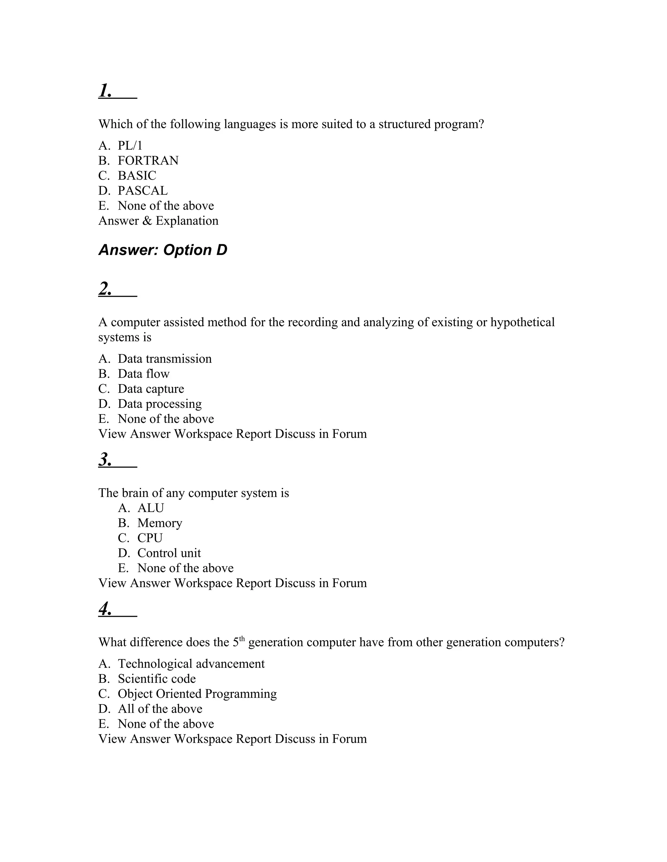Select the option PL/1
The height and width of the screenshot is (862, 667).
[130, 146]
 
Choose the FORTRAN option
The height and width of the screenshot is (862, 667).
[148, 161]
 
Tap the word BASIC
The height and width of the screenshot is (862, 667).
[137, 176]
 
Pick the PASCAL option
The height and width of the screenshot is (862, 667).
[143, 191]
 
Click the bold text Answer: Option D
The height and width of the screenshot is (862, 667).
[163, 250]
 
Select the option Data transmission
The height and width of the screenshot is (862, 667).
[164, 359]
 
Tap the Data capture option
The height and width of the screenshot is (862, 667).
[150, 389]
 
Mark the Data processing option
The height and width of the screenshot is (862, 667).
[160, 404]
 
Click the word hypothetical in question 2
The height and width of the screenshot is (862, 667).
[522, 322]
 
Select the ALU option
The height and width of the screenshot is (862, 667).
[150, 508]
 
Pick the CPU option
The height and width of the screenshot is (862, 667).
[150, 538]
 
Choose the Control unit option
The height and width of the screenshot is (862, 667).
[169, 553]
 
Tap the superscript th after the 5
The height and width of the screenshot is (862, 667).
[242, 639]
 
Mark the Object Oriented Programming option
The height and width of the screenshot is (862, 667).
[197, 694]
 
